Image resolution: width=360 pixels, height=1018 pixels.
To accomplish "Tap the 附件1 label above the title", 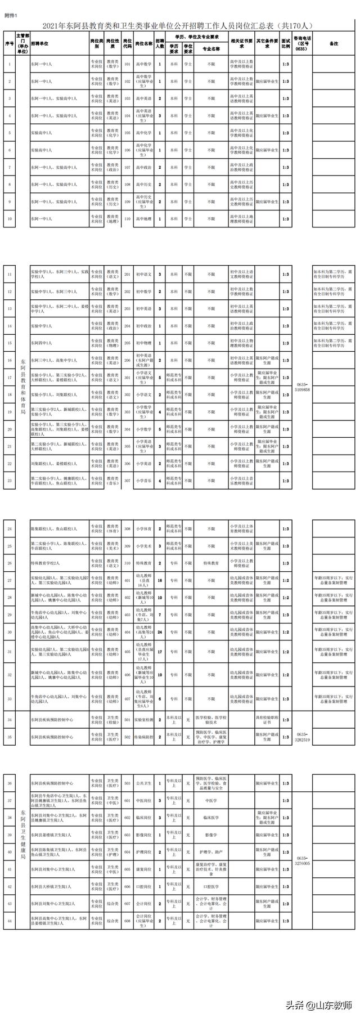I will tap(11, 16).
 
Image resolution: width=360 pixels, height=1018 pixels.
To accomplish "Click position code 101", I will tap(128, 64).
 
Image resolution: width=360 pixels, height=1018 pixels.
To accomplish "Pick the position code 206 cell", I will tap(128, 360).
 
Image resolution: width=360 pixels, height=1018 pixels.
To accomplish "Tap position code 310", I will tap(128, 563).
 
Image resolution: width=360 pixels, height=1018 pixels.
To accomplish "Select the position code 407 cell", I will tap(128, 699).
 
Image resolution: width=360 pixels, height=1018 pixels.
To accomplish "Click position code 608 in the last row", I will tap(128, 921).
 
